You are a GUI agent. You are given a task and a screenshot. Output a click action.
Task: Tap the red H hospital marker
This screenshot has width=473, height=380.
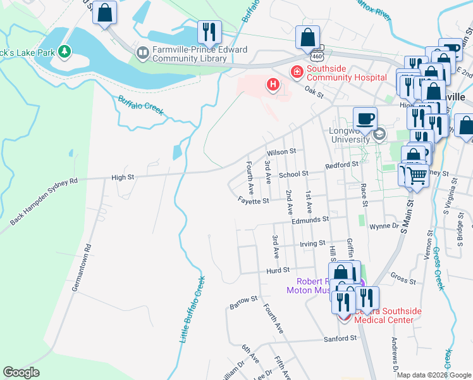tap(273, 84)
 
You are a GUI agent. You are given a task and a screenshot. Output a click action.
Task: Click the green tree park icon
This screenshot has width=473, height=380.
tap(63, 51)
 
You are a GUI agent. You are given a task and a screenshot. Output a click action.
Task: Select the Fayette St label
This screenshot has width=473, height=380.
tap(254, 201)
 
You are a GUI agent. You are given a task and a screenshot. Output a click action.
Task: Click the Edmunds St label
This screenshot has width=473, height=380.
tap(310, 220)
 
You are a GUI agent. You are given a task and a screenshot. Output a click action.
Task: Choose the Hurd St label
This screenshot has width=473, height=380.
tap(278, 270)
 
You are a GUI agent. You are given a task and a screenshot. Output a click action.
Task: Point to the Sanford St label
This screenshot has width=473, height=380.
tap(341, 339)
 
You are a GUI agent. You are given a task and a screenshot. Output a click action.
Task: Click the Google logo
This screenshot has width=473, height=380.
tap(20, 372)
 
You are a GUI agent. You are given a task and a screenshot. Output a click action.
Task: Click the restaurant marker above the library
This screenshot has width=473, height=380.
tap(207, 31)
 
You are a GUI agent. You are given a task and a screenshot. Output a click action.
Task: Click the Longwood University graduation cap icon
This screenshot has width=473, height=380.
tap(379, 135)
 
